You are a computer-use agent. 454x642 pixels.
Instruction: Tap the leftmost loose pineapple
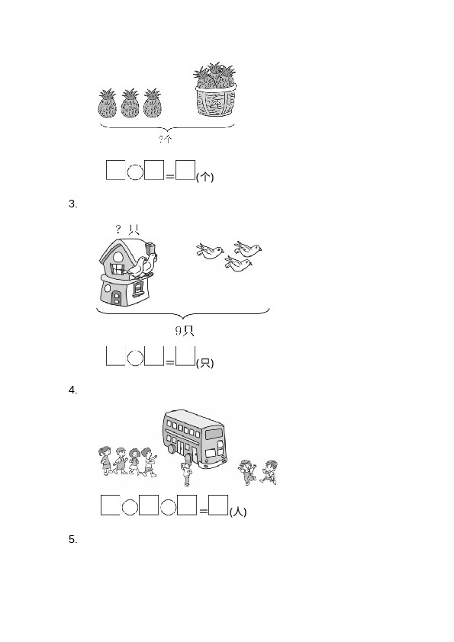tap(108, 104)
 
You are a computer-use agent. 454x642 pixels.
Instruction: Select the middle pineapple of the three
tap(130, 104)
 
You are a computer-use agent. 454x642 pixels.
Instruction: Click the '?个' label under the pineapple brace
tap(166, 140)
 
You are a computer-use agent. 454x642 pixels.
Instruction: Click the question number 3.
tap(73, 204)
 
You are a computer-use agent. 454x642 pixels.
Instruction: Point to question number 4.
tap(73, 390)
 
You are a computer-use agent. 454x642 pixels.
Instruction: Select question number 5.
tap(73, 540)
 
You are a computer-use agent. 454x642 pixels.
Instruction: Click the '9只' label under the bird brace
tap(185, 331)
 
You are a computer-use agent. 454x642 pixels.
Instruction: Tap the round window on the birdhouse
tap(118, 257)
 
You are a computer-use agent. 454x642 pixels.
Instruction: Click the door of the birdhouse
tap(117, 297)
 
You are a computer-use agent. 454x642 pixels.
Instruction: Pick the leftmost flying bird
tap(210, 252)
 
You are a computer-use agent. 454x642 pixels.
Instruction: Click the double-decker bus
tap(195, 438)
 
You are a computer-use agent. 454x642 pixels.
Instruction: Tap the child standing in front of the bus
tap(187, 473)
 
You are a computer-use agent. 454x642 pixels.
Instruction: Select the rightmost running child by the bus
tap(269, 472)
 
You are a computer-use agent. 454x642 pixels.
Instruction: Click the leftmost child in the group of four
tap(105, 461)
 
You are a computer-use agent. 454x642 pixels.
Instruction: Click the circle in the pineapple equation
tap(135, 172)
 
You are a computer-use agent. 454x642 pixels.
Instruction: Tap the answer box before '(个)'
tap(185, 170)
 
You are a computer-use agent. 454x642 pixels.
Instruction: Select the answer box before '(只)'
tap(185, 355)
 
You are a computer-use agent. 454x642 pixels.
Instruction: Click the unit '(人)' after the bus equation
tap(238, 512)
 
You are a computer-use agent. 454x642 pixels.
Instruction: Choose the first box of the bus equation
tap(110, 505)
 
